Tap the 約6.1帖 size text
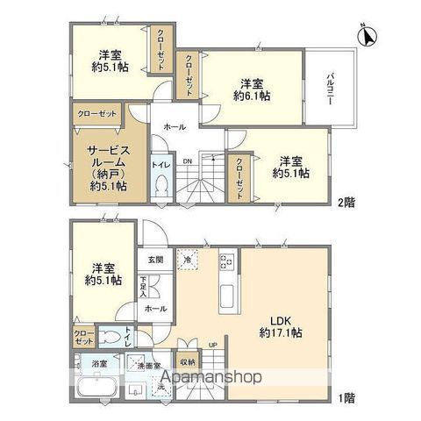pos(252,97)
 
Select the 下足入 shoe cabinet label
pos(143,286)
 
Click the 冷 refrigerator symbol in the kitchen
pos(185,260)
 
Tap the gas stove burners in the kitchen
pos(225,260)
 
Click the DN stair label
pos(187,161)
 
